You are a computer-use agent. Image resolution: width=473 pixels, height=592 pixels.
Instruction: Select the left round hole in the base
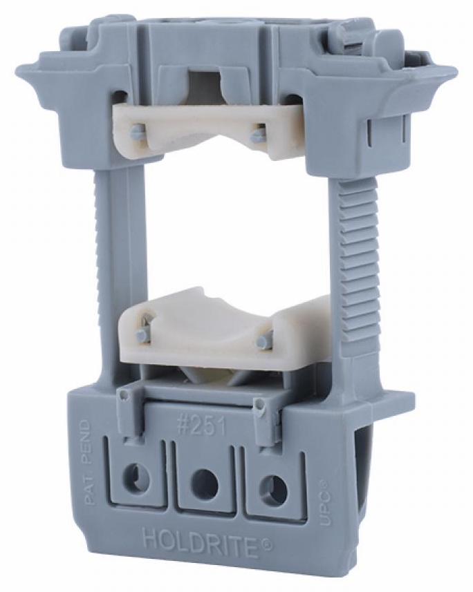136,477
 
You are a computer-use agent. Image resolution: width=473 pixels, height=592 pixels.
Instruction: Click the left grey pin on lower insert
142,334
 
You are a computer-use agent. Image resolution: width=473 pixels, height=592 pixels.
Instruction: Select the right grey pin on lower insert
264,341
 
